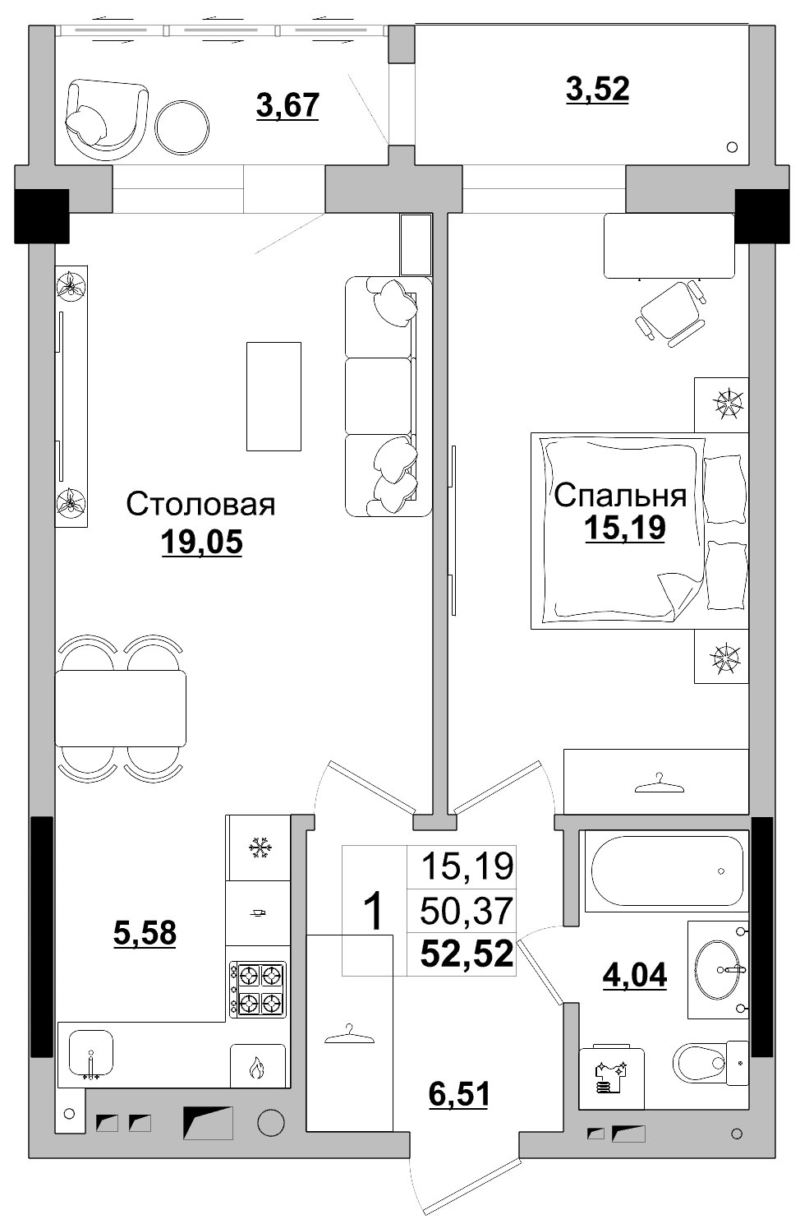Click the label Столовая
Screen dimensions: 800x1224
(x=200, y=505)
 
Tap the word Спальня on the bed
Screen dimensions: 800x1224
(x=620, y=495)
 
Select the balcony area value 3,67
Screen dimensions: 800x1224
(x=287, y=105)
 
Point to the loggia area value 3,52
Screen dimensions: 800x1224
(x=597, y=89)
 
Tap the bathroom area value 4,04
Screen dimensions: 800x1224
(x=635, y=975)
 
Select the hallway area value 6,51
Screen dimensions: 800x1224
(x=458, y=1094)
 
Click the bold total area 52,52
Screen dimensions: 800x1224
(x=467, y=954)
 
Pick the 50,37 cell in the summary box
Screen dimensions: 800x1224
(x=467, y=910)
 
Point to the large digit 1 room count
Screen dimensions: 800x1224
(x=374, y=911)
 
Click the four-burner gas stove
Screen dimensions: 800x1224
(x=257, y=989)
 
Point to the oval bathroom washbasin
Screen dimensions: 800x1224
(x=716, y=969)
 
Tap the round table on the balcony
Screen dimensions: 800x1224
(x=182, y=127)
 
